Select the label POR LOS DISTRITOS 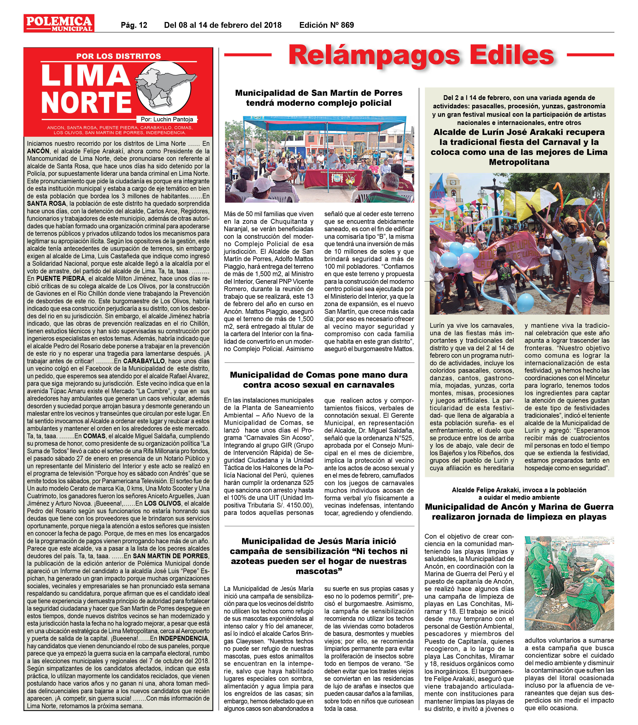tap(118, 56)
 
